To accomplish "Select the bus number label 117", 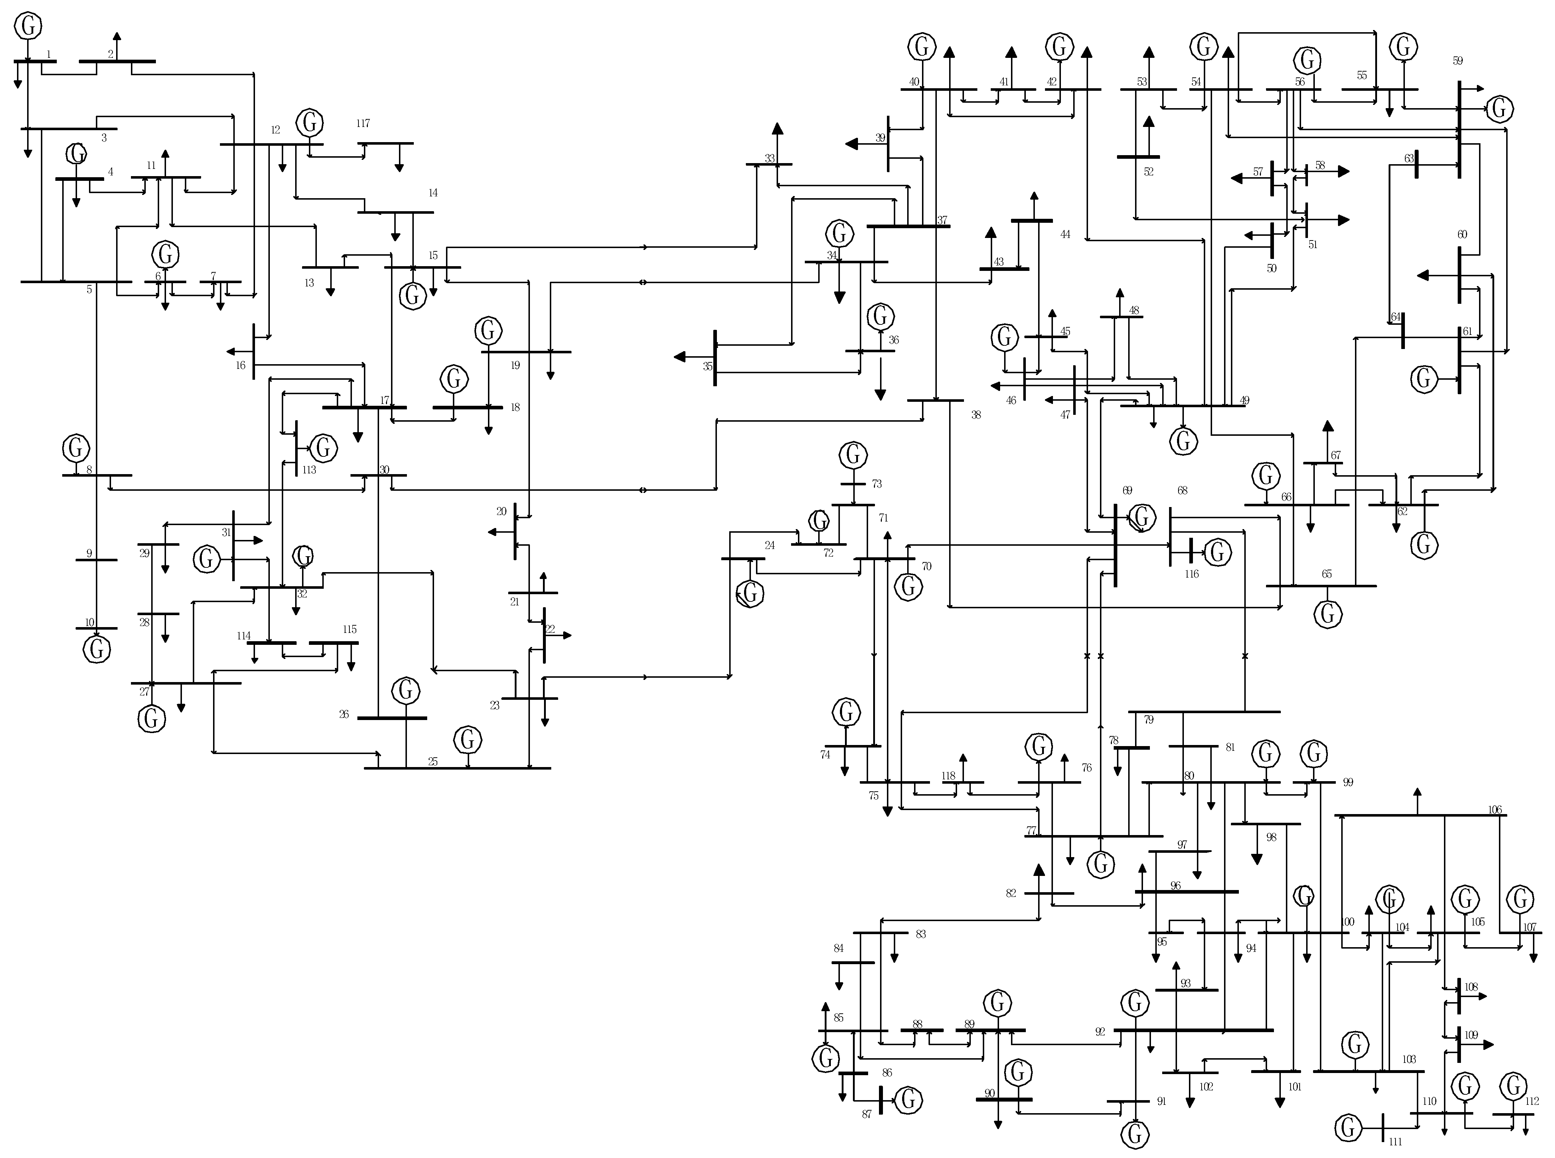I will (x=362, y=123).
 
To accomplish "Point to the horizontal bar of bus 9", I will (x=97, y=560).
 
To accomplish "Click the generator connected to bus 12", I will (x=309, y=123).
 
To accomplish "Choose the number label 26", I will (x=344, y=714).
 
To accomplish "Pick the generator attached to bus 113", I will (x=323, y=448).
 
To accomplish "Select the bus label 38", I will (x=976, y=415).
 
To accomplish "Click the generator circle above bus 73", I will (x=853, y=455).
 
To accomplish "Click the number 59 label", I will (x=1458, y=61).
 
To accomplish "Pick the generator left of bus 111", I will (x=1347, y=1128).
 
